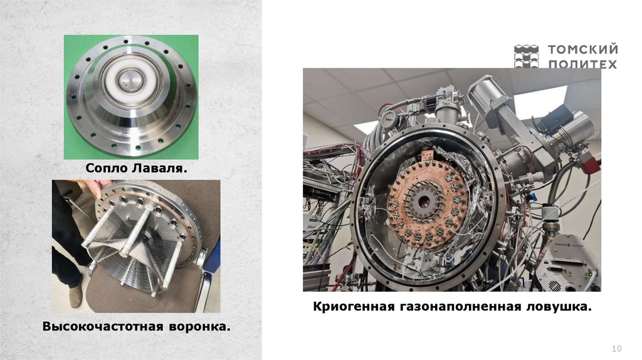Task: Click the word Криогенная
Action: click(x=354, y=306)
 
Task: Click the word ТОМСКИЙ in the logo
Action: click(x=583, y=49)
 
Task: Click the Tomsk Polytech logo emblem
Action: click(x=526, y=56)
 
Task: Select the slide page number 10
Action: click(x=617, y=349)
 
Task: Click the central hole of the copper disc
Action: click(x=424, y=201)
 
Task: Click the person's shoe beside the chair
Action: click(x=75, y=296)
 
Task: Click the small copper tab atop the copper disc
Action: click(x=427, y=156)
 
